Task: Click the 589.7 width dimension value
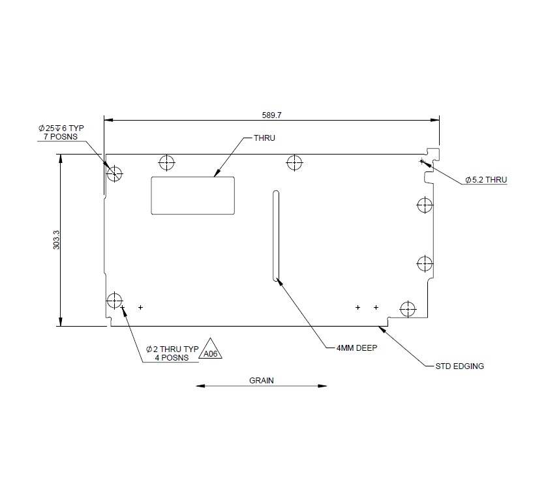(271, 113)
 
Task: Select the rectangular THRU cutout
(193, 194)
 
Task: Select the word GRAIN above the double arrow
(262, 379)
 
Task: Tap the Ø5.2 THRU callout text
(485, 179)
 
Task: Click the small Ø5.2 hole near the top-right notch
(422, 160)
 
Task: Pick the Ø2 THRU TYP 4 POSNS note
(172, 353)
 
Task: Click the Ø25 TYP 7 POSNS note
(63, 132)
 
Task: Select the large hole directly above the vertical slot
(295, 162)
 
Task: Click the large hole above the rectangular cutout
(167, 162)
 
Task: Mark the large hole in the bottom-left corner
(115, 300)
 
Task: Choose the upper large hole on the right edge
(424, 205)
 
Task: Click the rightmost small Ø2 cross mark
(376, 306)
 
